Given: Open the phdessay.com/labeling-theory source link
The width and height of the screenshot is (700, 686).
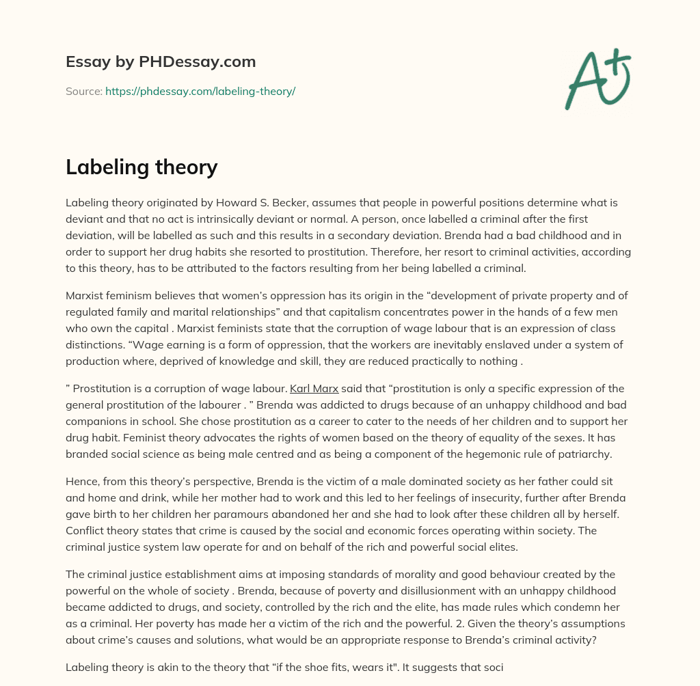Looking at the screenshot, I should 200,91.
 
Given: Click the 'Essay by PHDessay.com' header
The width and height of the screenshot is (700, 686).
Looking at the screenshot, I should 161,61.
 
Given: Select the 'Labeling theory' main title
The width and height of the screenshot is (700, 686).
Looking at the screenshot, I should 142,167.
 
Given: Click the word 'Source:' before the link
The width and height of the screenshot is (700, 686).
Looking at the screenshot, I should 83,91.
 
